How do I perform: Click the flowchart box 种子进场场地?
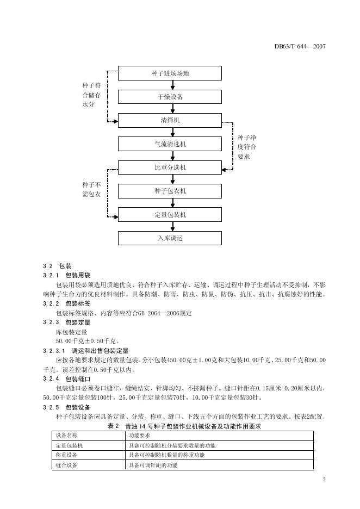(x=170, y=73)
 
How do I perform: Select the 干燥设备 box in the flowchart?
(x=170, y=97)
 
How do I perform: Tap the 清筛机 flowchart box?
(x=170, y=120)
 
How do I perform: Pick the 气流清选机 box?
(x=170, y=144)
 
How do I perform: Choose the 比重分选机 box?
(x=170, y=167)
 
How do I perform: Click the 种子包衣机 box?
(x=170, y=191)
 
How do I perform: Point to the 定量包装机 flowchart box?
(x=170, y=215)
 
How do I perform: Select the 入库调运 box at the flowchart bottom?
(x=170, y=238)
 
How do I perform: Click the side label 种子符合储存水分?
(x=91, y=95)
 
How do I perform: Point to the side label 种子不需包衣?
(x=91, y=190)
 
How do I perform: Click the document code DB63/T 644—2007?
(x=299, y=46)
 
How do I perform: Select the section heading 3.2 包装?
(x=57, y=266)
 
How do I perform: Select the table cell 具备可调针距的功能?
(x=153, y=465)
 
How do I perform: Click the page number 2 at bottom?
(x=324, y=480)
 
